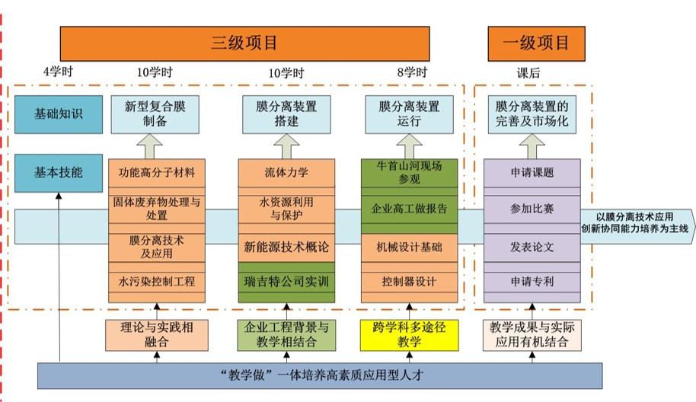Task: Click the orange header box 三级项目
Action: point(245,43)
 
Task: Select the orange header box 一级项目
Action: point(531,43)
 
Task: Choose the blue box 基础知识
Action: point(59,114)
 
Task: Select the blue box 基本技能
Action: point(59,172)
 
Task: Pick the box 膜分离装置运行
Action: point(410,114)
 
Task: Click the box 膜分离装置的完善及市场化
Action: point(532,114)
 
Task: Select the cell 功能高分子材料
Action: point(157,172)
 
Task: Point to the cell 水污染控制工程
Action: point(157,282)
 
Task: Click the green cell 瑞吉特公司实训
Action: point(286,282)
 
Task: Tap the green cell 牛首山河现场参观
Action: point(410,172)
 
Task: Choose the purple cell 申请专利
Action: point(532,282)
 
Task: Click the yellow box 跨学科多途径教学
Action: point(409,335)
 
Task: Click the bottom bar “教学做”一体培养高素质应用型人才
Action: point(320,375)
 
